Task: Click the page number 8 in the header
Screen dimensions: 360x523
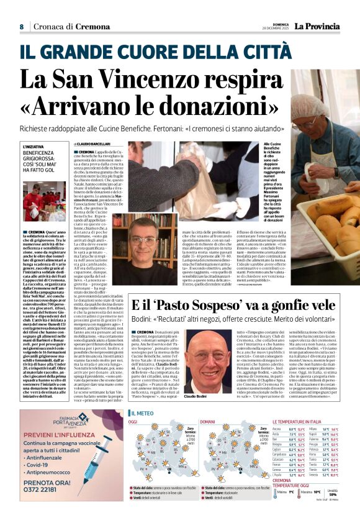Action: [21, 27]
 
